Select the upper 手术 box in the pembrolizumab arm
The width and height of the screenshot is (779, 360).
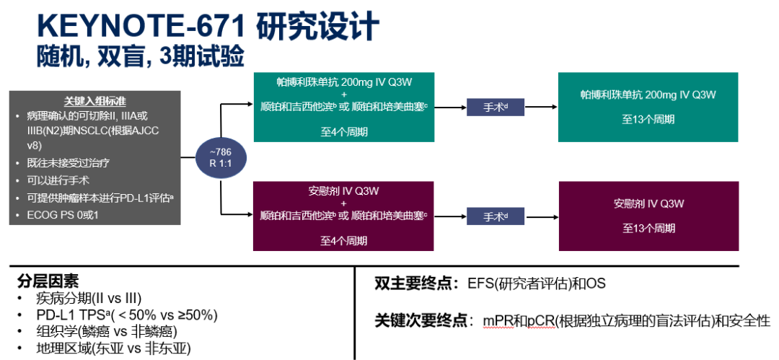coord(495,107)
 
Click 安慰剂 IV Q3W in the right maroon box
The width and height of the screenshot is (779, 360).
coord(648,203)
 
